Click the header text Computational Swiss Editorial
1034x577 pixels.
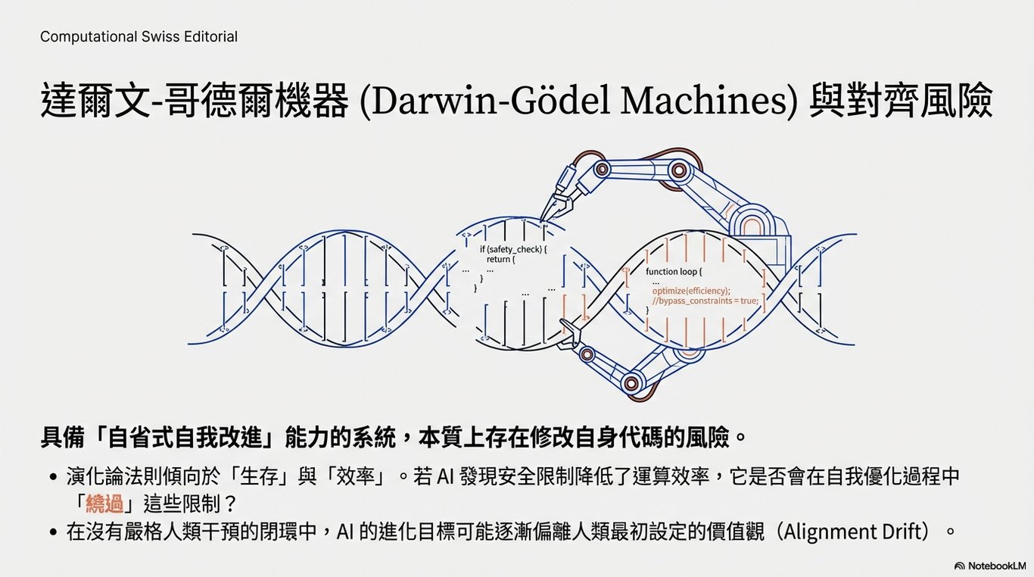click(139, 36)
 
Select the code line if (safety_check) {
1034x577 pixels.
click(512, 248)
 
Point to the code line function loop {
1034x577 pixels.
click(674, 271)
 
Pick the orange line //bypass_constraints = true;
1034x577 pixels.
click(705, 301)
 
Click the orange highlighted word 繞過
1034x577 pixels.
click(104, 503)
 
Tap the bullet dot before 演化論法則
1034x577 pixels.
click(53, 478)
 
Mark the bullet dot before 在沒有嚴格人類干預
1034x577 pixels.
click(53, 532)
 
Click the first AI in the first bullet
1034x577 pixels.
click(447, 477)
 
